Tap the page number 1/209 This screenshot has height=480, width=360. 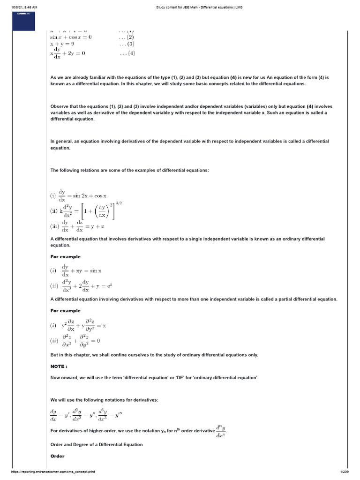pos(349,472)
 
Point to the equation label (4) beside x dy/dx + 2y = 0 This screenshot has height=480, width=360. pos(127,53)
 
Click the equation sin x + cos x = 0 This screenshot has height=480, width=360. pos(71,37)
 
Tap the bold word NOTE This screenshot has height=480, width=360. pos(59,366)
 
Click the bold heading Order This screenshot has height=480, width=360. pos(57,456)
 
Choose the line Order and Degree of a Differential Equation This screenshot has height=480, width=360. pos(97,444)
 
